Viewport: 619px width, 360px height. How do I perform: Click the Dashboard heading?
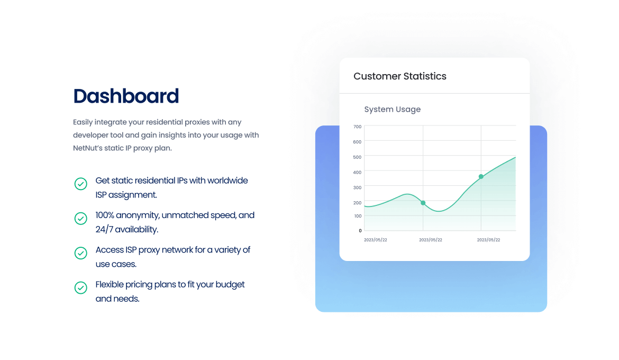126,96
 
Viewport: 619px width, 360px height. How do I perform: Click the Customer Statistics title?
400,76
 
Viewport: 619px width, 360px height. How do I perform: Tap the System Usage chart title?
393,110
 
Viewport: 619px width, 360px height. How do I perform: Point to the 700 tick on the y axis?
357,127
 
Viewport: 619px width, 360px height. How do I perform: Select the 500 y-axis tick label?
357,157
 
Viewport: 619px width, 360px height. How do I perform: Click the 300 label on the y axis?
357,188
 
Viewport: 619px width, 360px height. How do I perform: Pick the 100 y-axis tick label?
358,216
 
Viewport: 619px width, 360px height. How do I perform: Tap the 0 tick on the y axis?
360,231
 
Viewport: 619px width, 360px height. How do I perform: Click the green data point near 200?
423,203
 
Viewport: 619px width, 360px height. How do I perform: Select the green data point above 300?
481,177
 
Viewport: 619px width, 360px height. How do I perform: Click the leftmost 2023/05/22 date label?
376,240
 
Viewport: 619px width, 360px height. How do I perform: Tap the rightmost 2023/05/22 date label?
488,240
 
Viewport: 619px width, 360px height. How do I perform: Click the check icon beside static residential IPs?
81,184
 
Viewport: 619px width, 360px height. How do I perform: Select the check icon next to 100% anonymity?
81,219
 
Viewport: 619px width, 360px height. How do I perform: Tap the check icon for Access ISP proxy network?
81,253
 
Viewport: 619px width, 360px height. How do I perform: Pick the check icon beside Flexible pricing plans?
81,287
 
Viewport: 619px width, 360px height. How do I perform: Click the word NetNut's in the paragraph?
87,148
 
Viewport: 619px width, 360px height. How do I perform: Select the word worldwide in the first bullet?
228,181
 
